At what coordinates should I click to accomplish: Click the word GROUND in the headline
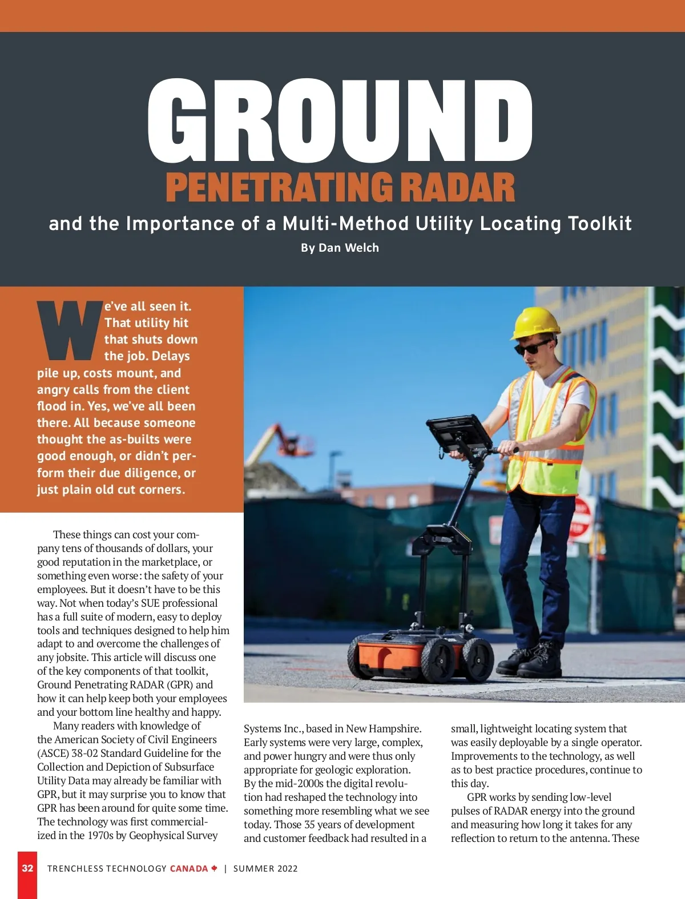(x=340, y=121)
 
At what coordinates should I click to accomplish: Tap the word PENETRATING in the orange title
(x=279, y=188)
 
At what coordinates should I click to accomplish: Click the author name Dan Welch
(x=349, y=248)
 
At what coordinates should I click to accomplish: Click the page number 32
(x=27, y=868)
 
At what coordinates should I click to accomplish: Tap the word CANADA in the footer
(x=189, y=869)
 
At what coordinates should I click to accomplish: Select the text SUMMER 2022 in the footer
(x=265, y=869)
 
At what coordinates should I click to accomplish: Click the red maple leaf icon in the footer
(x=214, y=868)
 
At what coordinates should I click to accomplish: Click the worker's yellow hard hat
(x=535, y=322)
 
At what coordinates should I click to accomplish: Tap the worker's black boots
(x=531, y=662)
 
